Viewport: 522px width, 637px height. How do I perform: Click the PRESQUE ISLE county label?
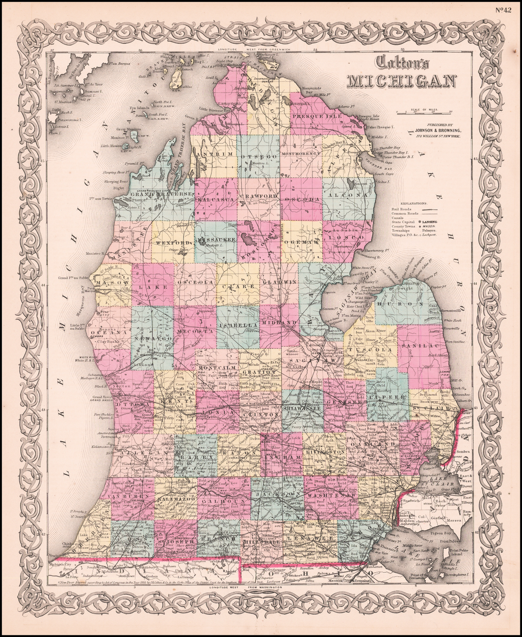point(317,116)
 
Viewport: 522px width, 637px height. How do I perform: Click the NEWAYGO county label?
point(151,338)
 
